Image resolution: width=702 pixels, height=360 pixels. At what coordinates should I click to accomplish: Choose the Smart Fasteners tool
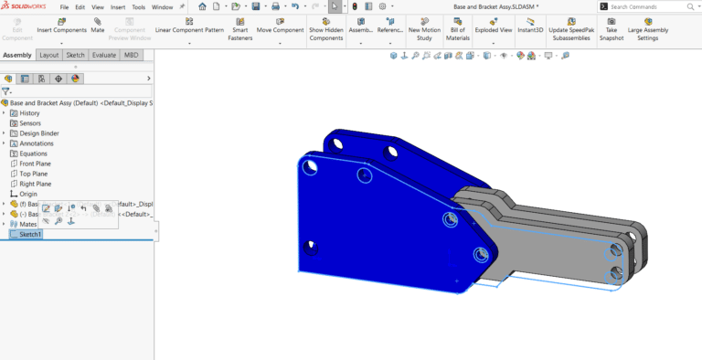click(239, 27)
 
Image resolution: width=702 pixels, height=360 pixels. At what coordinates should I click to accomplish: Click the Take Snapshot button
click(612, 27)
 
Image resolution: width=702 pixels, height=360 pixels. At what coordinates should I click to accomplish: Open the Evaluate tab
click(103, 55)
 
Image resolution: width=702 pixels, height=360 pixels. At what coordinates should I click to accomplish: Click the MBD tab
click(132, 55)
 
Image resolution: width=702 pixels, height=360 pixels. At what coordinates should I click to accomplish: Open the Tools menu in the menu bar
click(138, 6)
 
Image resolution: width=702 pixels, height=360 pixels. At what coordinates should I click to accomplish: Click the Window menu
click(162, 6)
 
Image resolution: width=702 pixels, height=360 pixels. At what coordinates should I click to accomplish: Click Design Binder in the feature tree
click(39, 133)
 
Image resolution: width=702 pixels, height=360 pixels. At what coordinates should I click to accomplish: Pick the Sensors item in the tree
click(30, 123)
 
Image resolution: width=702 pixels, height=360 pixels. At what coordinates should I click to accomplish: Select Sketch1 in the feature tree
click(31, 234)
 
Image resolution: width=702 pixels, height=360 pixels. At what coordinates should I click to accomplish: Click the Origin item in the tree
click(28, 194)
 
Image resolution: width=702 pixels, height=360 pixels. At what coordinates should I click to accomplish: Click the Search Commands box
click(650, 6)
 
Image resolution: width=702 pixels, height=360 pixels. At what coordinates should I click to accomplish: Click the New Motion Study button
click(424, 27)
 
